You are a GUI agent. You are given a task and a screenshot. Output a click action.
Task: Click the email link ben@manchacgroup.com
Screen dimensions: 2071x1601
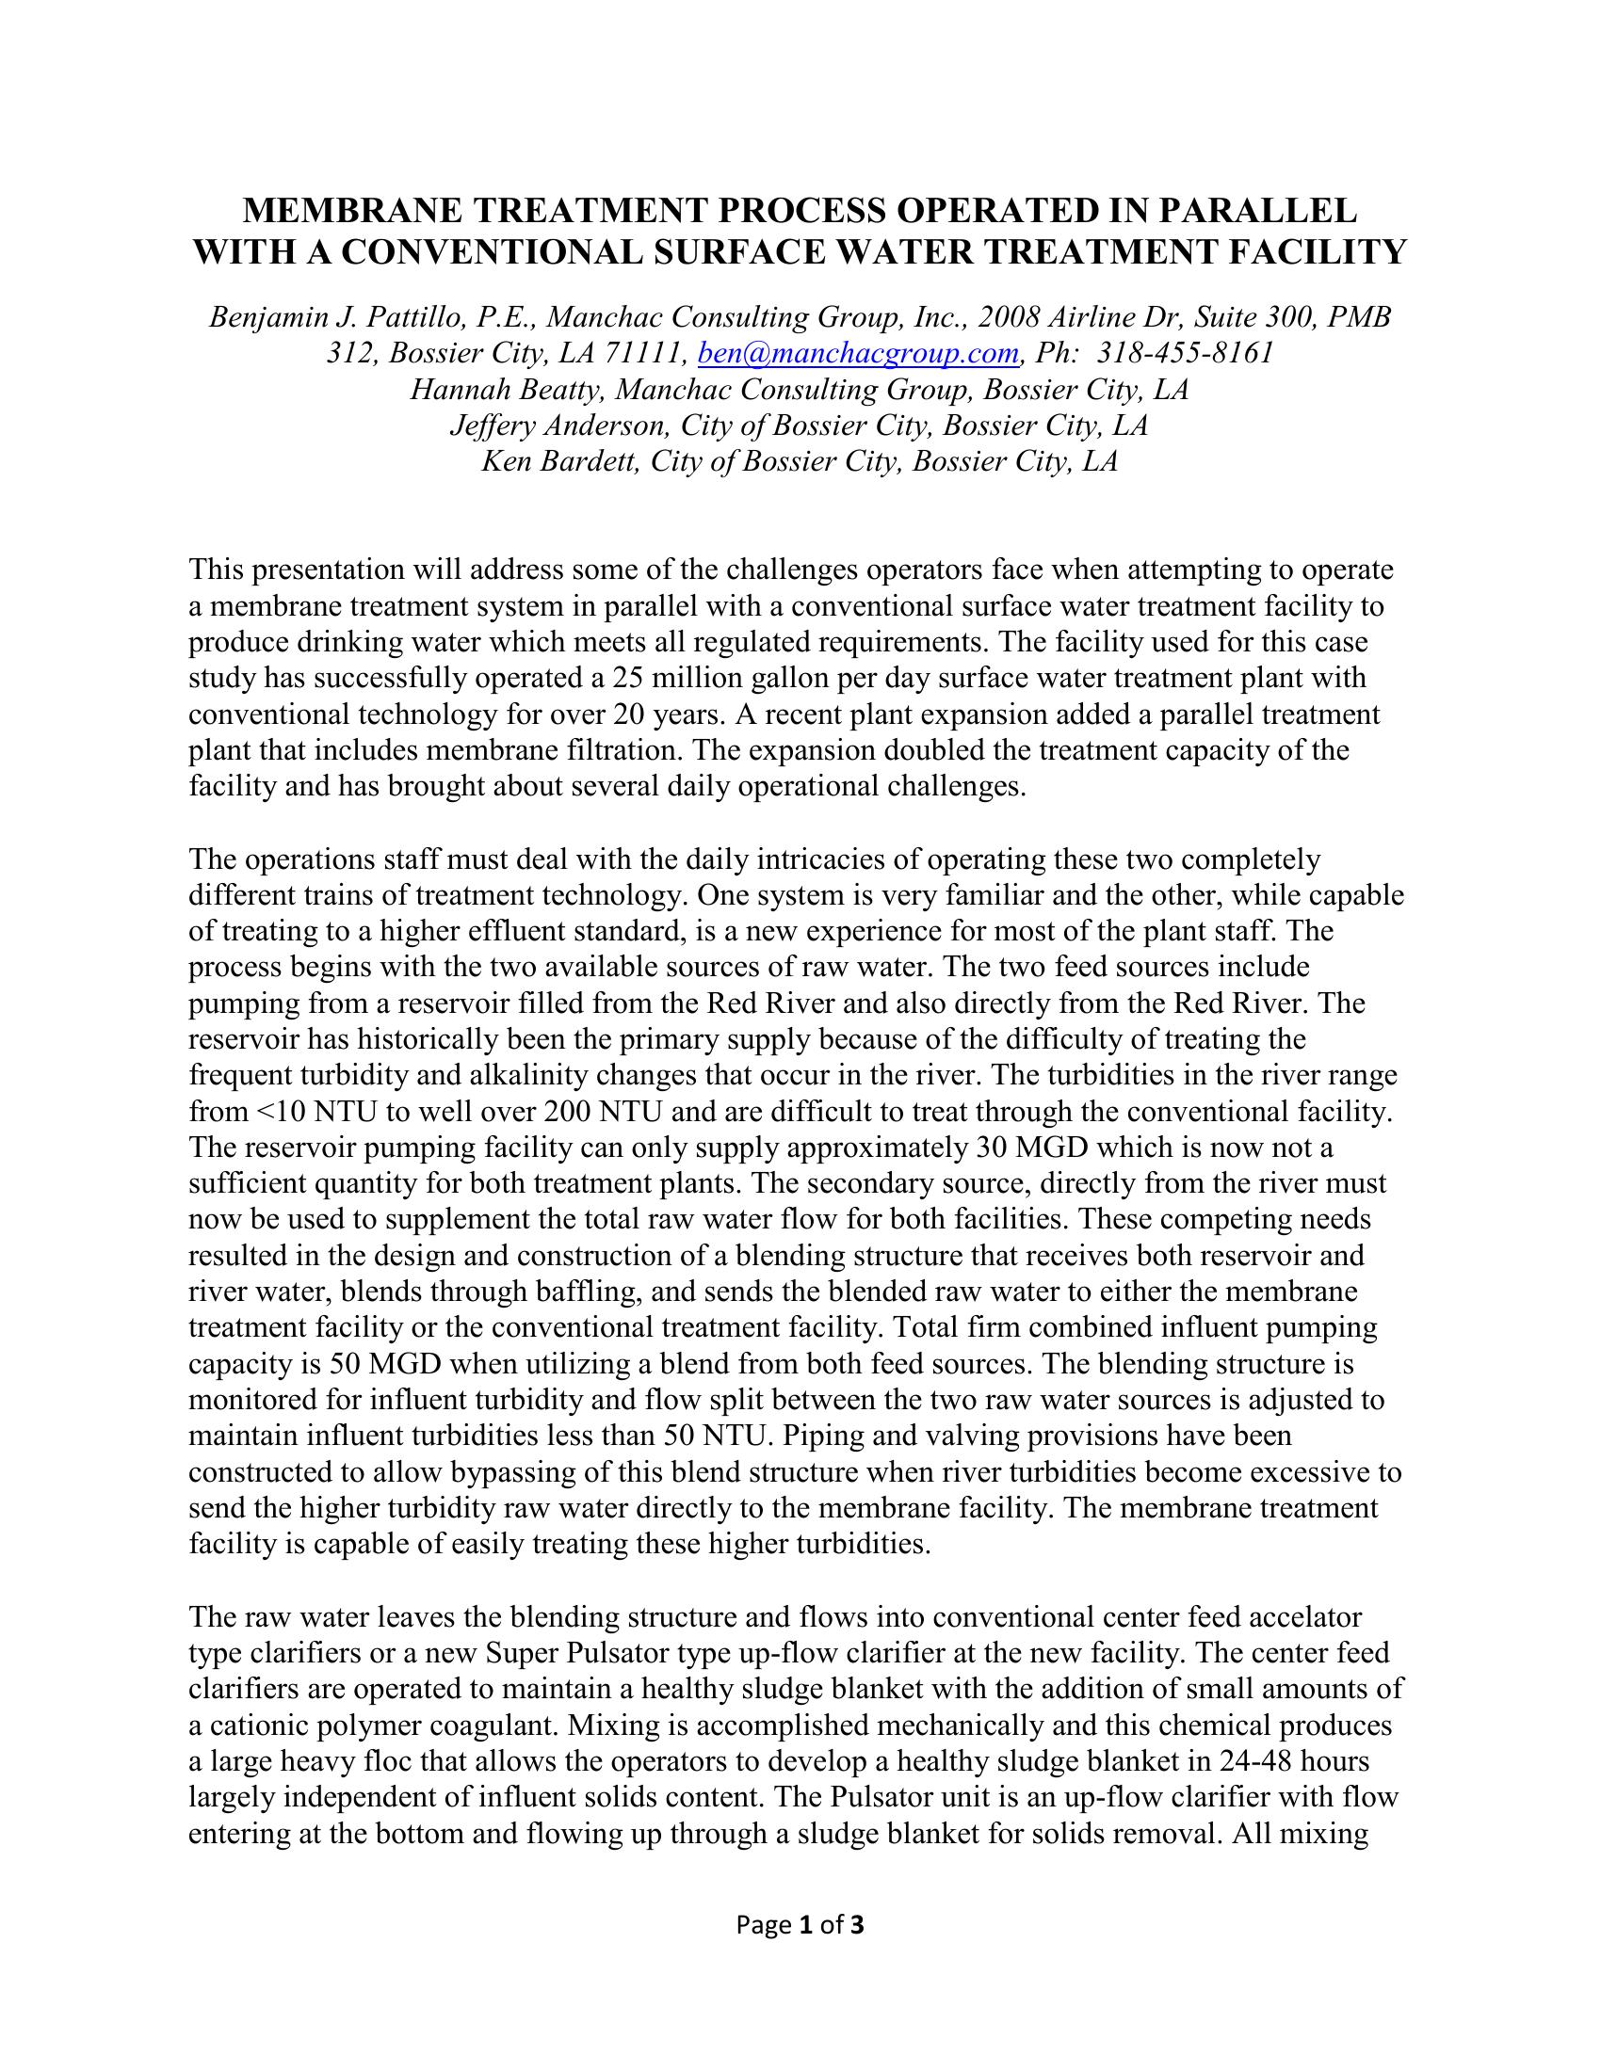click(857, 354)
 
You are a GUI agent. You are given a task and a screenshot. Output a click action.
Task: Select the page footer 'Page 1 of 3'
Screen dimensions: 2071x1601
click(800, 1924)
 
